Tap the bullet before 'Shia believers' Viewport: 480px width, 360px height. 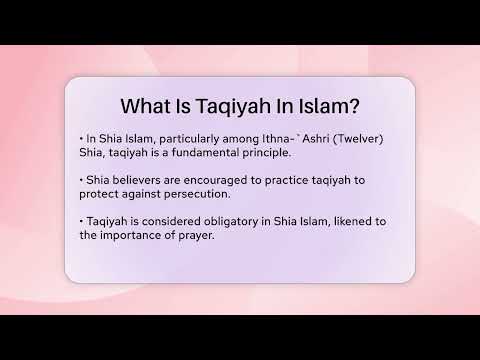79,181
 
